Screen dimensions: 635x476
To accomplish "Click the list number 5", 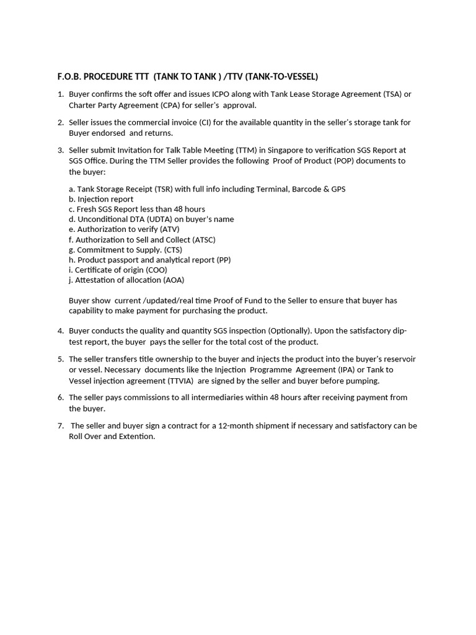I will pyautogui.click(x=61, y=360).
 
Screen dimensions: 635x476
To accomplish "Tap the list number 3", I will pyautogui.click(x=61, y=150).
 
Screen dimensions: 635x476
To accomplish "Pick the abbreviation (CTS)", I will pyautogui.click(x=169, y=250).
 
